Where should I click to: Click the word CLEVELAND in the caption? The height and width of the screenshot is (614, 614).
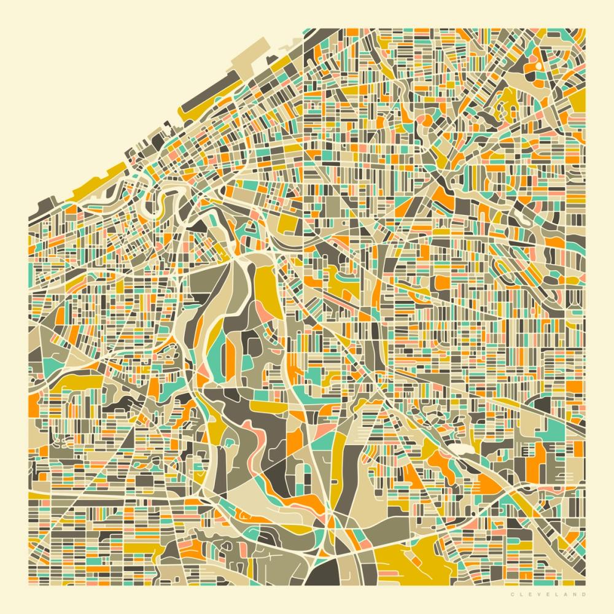tap(547, 594)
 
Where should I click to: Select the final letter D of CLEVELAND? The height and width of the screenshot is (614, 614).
tap(584, 594)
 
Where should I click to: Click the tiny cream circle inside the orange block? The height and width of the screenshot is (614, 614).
tap(538, 65)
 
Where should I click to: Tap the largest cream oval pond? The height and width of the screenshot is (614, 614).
tap(457, 448)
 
